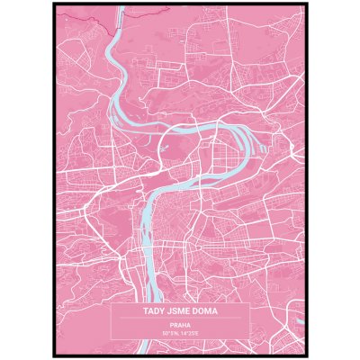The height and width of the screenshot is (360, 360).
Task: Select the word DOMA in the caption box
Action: [x=208, y=312]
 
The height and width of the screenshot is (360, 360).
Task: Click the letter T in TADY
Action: [x=145, y=312]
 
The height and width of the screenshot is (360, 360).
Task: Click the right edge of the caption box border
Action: [x=248, y=321]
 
